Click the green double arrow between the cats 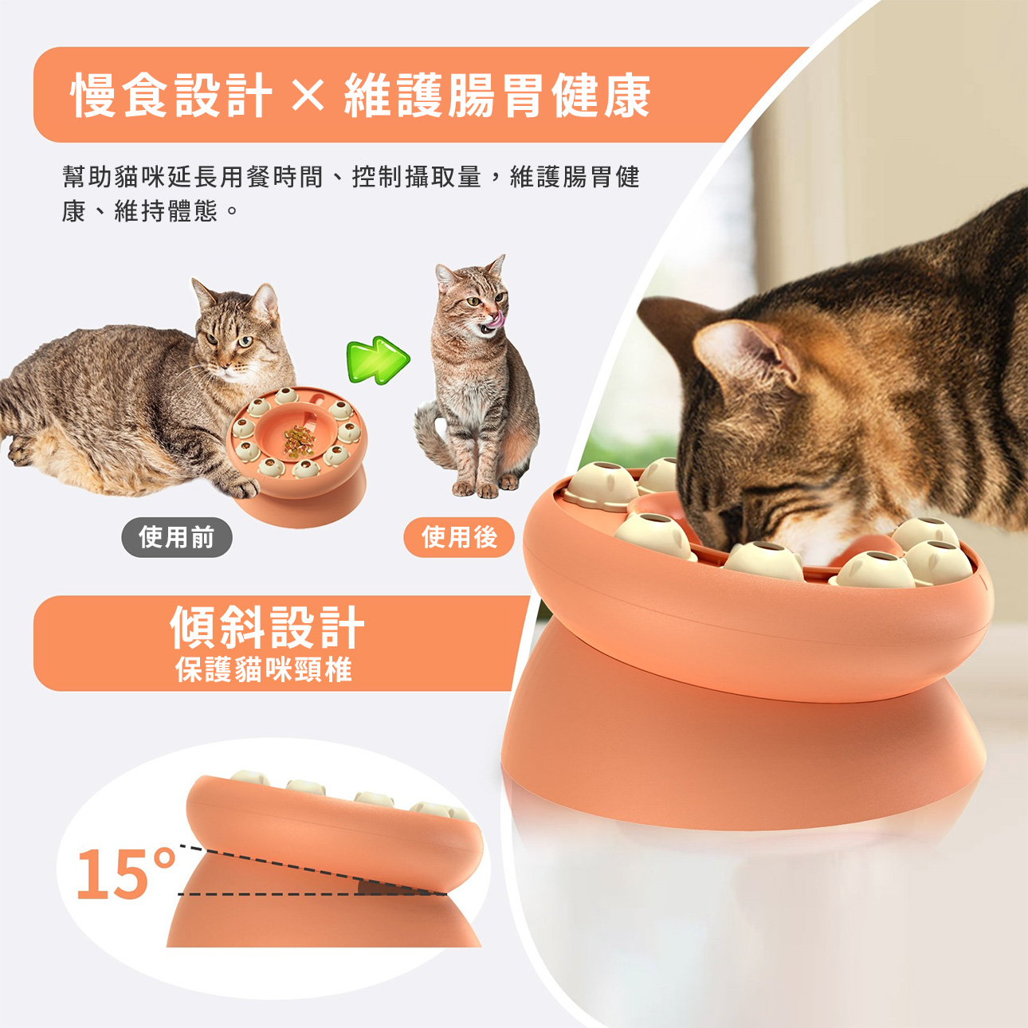(x=379, y=359)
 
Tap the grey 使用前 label (x=177, y=537)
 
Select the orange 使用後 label (x=459, y=537)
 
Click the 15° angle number (x=126, y=873)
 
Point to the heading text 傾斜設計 (x=267, y=627)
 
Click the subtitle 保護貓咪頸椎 (x=264, y=669)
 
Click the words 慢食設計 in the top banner (x=171, y=96)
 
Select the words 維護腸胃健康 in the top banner (x=497, y=96)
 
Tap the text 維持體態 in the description (x=166, y=212)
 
